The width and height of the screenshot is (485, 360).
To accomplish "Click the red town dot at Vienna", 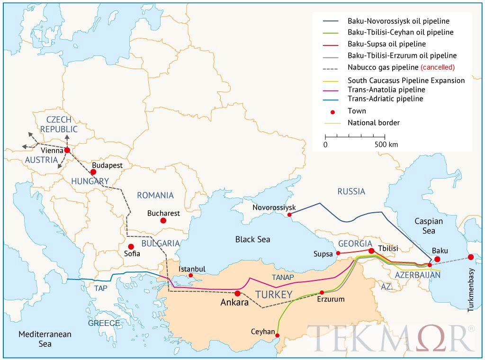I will pos(67,150).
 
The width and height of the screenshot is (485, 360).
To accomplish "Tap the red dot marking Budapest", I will pos(93,172).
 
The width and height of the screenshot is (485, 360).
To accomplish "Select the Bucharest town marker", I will pos(163,221).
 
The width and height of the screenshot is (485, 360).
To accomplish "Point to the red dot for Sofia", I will pos(131,246).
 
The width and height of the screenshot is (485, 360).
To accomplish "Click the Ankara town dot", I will pos(237,293).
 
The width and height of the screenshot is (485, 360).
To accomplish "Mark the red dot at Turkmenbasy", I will pos(471,257).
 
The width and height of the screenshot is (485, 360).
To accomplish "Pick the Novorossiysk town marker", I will pos(289,215).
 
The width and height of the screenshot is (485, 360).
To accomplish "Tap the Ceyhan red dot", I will pos(278,336).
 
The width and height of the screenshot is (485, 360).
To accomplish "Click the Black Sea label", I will pos(252,239).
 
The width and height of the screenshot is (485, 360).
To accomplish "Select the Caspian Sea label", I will pos(428,226).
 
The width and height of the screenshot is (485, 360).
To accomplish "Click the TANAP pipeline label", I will pos(283,277).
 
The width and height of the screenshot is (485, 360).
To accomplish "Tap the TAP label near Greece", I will pos(100,288).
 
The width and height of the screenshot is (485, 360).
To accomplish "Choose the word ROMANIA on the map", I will pos(155,195).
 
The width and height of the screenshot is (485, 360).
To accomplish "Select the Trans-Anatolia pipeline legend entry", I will pos(386,90).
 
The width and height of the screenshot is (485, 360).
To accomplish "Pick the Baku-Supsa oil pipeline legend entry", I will pos(386,44).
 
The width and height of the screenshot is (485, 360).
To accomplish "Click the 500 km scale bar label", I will pos(386,144).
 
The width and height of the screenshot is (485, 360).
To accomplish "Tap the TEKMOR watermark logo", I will pos(391,338).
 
